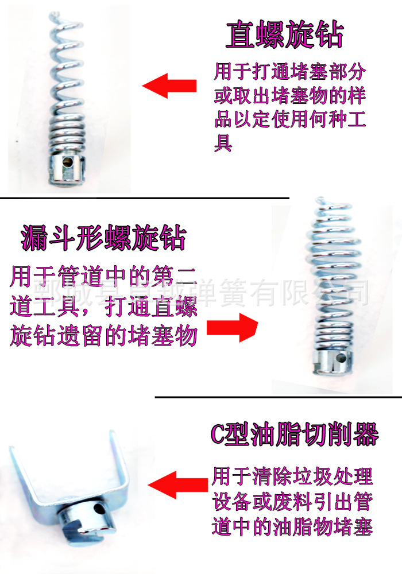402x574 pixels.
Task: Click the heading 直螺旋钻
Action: point(284,36)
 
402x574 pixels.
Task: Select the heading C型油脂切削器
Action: point(295,435)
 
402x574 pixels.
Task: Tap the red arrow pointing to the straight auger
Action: point(169,87)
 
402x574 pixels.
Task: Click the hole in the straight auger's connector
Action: point(68,162)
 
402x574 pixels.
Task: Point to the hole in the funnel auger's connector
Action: point(340,362)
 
